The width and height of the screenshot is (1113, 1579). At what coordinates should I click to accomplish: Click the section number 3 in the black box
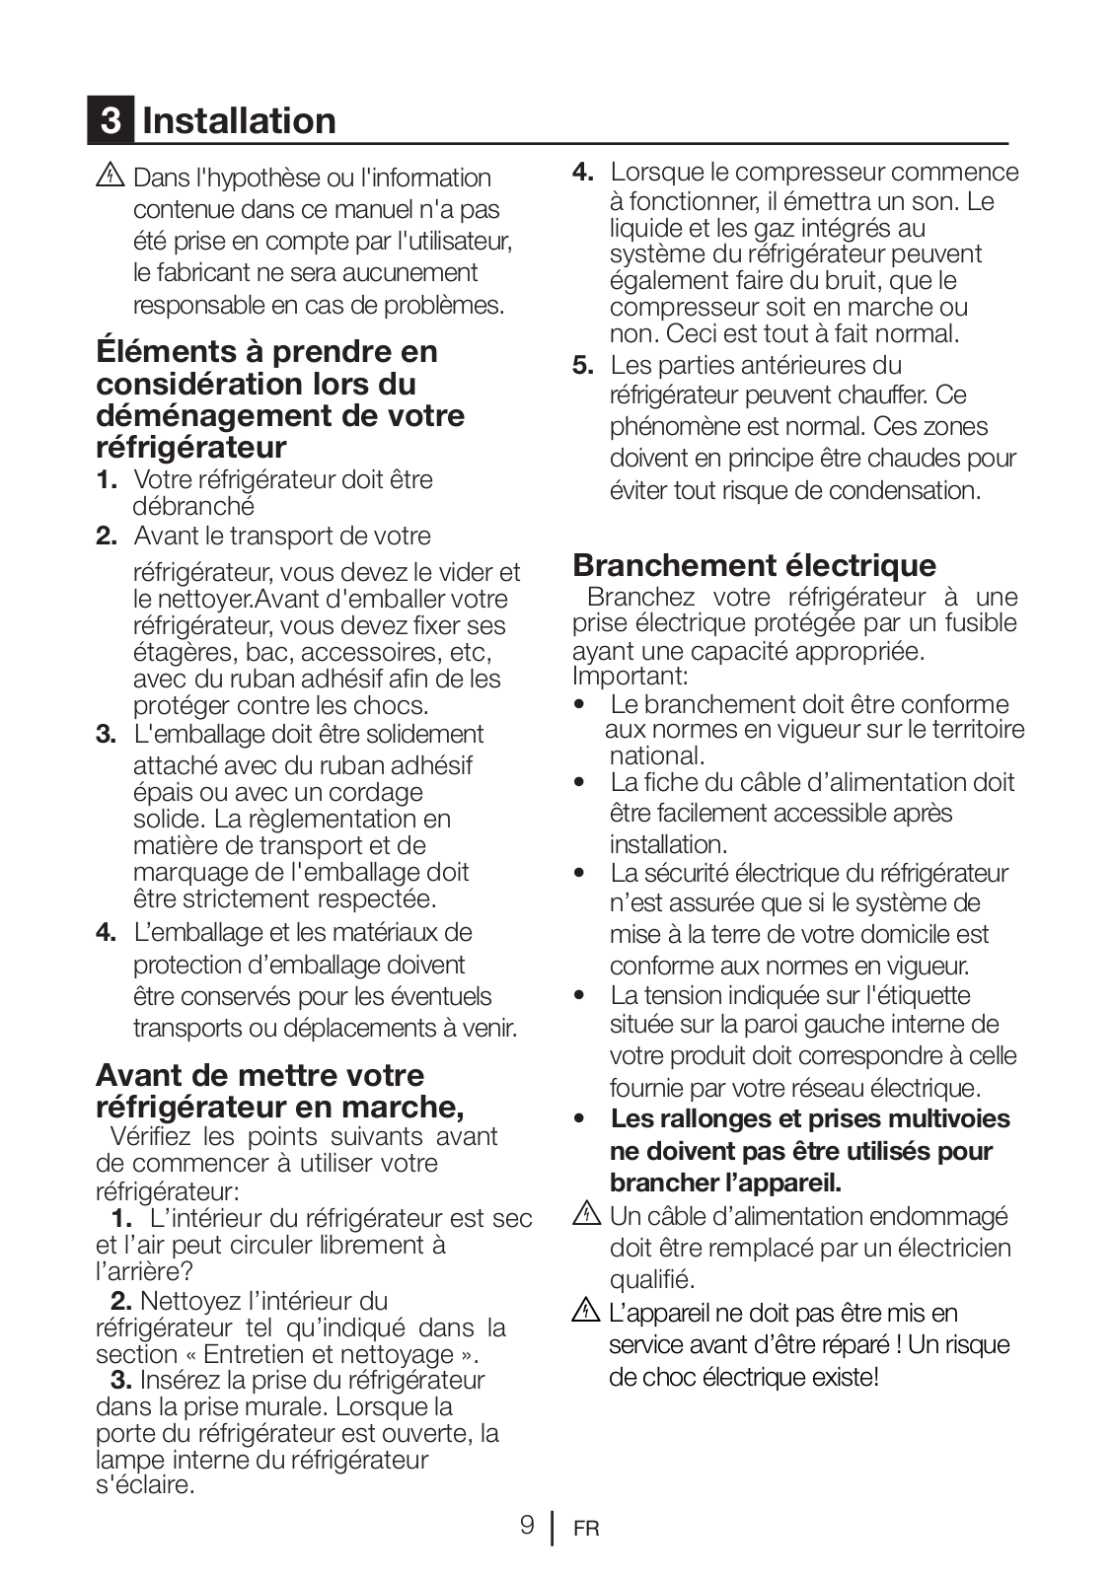111,121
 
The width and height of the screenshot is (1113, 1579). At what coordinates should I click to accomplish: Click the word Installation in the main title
239,121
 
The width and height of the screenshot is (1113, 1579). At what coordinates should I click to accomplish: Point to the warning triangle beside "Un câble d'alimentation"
586,1215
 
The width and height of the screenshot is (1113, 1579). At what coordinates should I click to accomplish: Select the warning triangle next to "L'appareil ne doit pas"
586,1312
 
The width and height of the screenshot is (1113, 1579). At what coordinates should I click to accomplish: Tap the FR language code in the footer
585,1529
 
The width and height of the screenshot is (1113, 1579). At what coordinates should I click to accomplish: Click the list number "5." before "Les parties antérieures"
583,366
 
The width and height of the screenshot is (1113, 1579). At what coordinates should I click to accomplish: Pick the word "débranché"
193,507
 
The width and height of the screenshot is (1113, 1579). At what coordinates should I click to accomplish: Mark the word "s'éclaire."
145,1484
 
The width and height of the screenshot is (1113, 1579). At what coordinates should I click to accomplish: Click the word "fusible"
980,623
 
